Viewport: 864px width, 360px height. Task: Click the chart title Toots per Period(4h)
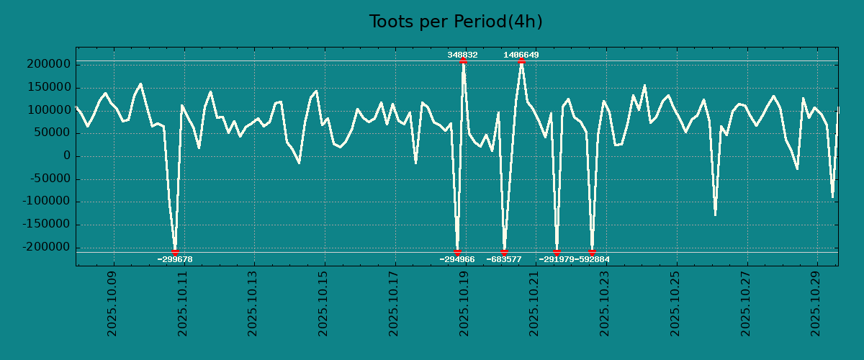(455, 22)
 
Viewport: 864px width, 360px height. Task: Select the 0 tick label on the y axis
(67, 156)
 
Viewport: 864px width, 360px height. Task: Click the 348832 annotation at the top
(462, 55)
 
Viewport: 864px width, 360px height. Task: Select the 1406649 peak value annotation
(521, 55)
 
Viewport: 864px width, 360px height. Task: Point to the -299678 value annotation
(175, 259)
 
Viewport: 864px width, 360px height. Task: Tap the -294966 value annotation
(457, 259)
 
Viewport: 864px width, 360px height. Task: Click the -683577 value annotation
(504, 259)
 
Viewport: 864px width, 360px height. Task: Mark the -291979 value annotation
(556, 259)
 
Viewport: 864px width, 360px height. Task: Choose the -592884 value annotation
(593, 259)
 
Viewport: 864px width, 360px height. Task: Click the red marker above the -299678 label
(175, 252)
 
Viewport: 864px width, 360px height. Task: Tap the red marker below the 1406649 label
(521, 61)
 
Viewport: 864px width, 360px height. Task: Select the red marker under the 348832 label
(463, 61)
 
